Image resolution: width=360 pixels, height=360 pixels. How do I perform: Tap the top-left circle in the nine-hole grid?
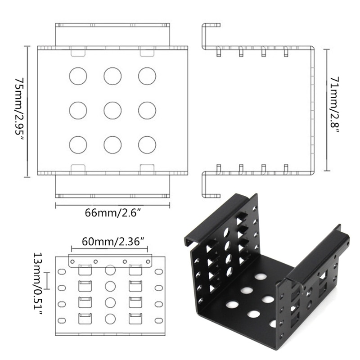coord(78,76)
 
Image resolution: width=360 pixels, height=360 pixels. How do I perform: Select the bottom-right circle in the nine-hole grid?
coord(147,144)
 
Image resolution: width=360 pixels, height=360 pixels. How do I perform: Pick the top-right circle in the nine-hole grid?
coord(147,76)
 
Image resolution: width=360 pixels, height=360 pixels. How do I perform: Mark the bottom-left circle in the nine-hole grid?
coord(78,144)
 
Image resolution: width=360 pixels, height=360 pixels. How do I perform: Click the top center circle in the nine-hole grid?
coord(112,76)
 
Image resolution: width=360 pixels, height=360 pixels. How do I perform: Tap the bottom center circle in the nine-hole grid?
coord(112,144)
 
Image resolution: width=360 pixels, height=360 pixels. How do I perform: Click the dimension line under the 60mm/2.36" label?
coord(112,247)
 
